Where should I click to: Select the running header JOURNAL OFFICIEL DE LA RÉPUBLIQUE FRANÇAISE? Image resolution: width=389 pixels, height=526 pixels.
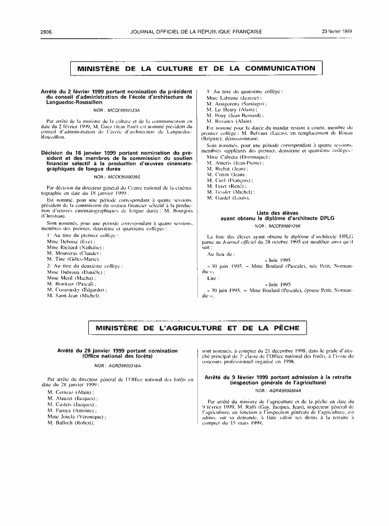click(196, 31)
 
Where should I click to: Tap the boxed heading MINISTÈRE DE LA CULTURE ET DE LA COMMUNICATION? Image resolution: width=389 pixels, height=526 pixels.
click(196, 69)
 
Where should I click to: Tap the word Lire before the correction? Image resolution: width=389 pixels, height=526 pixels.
click(212, 277)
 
